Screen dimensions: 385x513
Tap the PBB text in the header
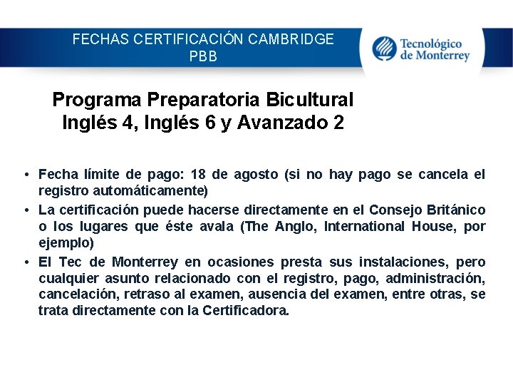coord(203,56)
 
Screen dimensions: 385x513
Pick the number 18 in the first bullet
coord(200,174)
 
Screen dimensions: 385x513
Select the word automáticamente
coord(157,191)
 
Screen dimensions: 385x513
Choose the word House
coord(439,227)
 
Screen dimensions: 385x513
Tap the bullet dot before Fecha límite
coord(26,175)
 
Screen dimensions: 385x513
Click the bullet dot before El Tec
coord(26,262)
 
